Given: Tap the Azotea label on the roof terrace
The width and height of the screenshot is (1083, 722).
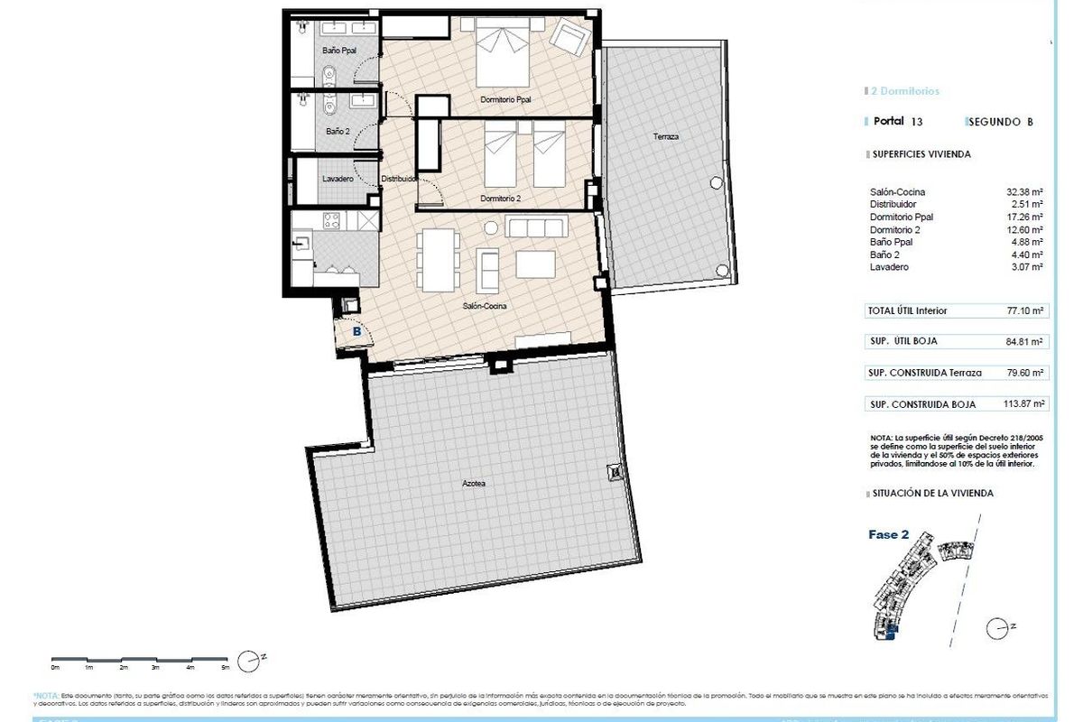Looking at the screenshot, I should [x=474, y=484].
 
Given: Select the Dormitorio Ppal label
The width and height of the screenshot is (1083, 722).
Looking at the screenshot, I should [x=504, y=100].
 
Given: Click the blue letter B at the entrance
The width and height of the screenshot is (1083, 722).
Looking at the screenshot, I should [x=356, y=332].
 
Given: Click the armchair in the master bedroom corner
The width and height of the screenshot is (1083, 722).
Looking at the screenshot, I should [x=570, y=38].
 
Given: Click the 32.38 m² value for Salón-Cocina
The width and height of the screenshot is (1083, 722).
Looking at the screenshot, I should [x=1024, y=192].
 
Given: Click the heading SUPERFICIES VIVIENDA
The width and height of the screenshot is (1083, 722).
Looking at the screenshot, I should [x=921, y=154].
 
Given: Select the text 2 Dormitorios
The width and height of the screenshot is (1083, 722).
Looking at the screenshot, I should [x=905, y=91].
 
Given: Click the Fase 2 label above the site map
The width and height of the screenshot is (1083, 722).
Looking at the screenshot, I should [x=883, y=534].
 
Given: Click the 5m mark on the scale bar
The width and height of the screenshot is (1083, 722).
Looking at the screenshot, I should [x=226, y=669].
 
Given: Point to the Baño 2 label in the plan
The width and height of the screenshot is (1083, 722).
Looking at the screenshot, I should [x=338, y=132].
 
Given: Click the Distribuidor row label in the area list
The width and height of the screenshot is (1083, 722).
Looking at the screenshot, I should [x=894, y=205].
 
